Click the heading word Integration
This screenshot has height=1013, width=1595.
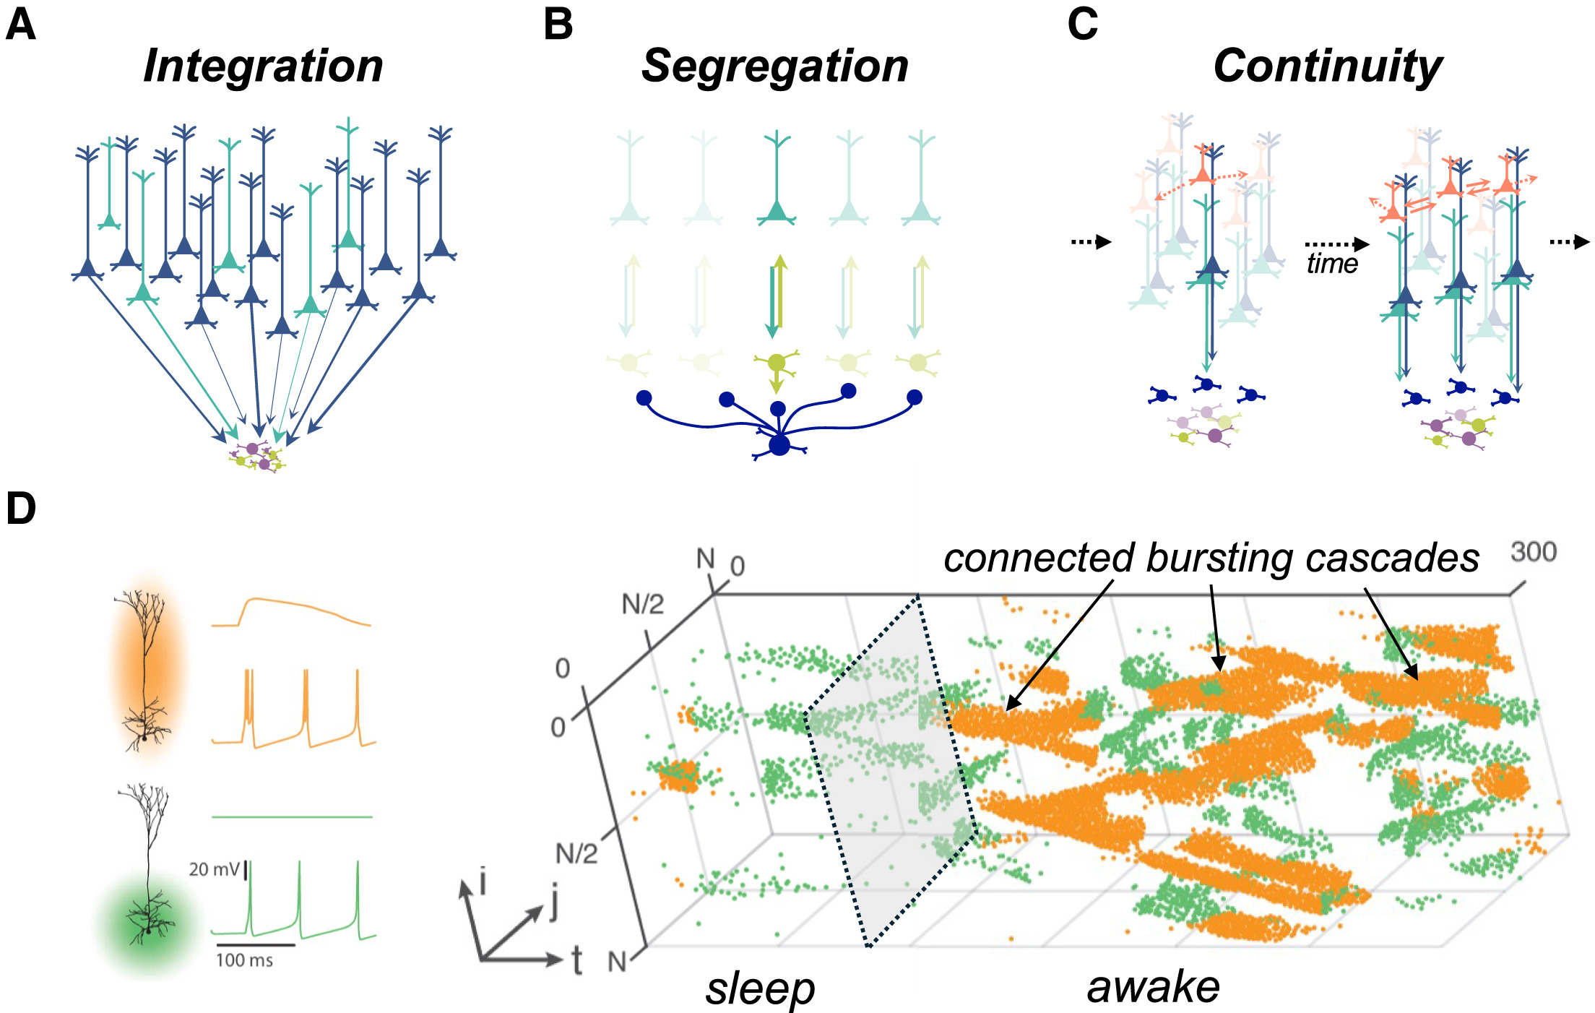coord(263,66)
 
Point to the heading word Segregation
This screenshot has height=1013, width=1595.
coord(774,66)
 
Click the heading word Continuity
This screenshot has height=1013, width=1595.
coord(1328,66)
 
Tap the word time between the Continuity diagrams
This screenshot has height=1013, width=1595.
coord(1331,264)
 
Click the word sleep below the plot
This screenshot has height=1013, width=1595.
coord(760,988)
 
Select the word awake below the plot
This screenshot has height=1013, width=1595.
coord(1154,987)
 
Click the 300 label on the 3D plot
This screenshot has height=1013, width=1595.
coord(1534,552)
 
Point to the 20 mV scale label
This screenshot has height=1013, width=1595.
coord(215,868)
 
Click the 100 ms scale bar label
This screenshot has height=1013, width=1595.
coord(244,960)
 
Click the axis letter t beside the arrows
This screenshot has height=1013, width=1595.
coord(577,961)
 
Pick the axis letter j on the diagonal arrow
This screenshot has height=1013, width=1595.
coord(553,903)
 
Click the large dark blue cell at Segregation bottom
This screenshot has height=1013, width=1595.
coord(779,445)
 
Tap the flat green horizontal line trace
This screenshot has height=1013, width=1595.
coord(292,816)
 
